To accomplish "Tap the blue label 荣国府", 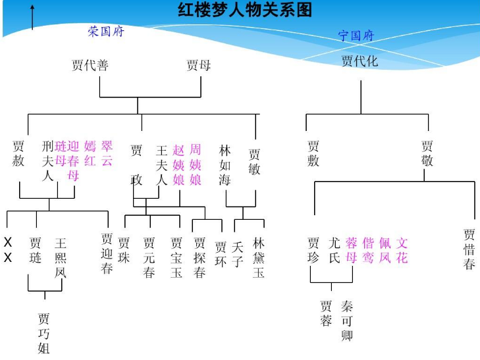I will pos(106,32).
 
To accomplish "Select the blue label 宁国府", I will pos(356,36).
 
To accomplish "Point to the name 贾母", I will pos(198,65).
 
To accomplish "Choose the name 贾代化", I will pos(360,61).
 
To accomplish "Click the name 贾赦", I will pos(18,153).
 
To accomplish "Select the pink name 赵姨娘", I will pos(179,165).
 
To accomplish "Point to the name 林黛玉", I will pos(259,257).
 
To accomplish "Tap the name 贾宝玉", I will pos(176,257).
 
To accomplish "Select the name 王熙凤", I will pos(61,257).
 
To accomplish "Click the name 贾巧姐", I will pos(44,333).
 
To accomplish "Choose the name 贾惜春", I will pos(469,249).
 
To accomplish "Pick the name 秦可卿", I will pos(347,321).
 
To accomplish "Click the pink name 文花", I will pos(402,250).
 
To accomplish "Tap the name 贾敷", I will pos(313,153).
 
